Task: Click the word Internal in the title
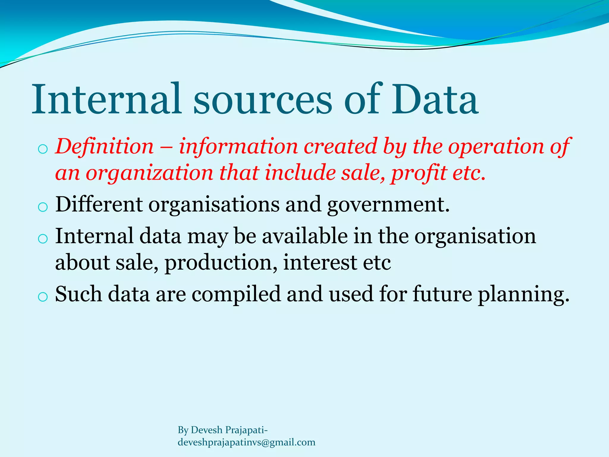(106, 99)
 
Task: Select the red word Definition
(104, 146)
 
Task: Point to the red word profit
(419, 173)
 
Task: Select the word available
(305, 236)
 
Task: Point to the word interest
(320, 262)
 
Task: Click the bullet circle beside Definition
(43, 149)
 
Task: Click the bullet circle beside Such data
(43, 297)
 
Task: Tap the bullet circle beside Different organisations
(43, 207)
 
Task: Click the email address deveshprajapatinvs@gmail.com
(246, 442)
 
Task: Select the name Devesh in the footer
(207, 430)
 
